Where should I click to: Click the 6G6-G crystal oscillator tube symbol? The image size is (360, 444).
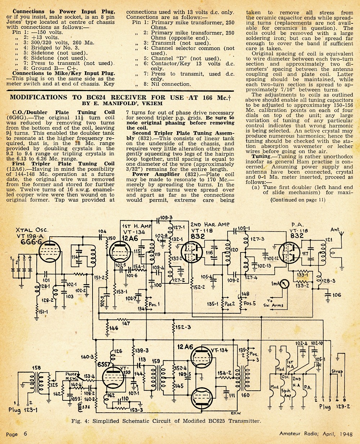coord(50,252)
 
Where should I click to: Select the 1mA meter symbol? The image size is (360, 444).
coord(284,284)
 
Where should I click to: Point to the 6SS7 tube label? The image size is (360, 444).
coord(104,365)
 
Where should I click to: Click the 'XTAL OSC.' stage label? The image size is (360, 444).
coord(32,230)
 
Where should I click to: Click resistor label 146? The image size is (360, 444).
coord(114,328)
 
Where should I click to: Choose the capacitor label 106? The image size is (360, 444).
coord(337,295)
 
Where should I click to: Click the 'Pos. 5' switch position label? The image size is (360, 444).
coord(249,303)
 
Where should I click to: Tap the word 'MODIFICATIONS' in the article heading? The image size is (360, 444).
coord(39,97)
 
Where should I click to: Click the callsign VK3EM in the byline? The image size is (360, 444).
coord(152,104)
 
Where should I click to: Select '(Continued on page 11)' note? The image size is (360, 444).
coord(298,200)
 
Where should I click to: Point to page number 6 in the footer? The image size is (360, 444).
coord(25,434)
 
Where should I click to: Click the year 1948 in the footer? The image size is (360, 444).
coord(347,434)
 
